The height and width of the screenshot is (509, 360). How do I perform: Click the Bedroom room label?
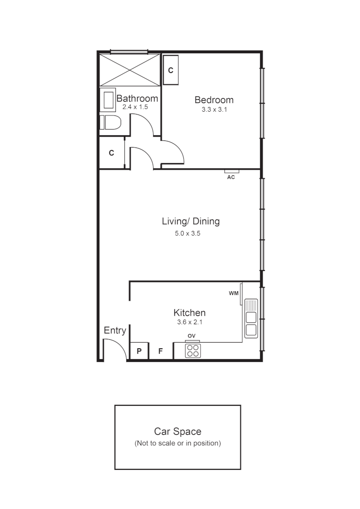(x=214, y=100)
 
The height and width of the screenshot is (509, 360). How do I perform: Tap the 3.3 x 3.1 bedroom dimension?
(x=214, y=110)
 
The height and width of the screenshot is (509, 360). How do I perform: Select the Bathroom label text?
(x=137, y=99)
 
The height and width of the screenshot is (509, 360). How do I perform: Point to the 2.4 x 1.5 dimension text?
(x=135, y=107)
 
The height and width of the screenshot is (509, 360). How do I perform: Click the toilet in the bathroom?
(x=110, y=123)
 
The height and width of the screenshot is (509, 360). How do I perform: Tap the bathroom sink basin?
(x=109, y=100)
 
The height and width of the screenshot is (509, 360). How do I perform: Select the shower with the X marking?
(x=130, y=70)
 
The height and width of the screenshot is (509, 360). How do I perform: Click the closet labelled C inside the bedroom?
(x=171, y=70)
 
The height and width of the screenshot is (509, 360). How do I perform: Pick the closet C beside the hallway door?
(x=112, y=153)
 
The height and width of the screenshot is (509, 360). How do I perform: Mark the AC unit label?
(x=231, y=178)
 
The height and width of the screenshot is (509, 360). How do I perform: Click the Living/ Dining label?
(x=190, y=222)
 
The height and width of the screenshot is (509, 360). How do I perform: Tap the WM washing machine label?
(x=233, y=293)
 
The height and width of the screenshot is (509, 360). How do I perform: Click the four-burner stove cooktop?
(x=193, y=350)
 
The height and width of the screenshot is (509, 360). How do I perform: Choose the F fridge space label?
(x=160, y=351)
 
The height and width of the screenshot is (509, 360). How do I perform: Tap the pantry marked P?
(x=139, y=351)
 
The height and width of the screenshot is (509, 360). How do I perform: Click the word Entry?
(x=115, y=330)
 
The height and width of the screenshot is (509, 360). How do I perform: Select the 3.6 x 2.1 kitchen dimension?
(x=189, y=323)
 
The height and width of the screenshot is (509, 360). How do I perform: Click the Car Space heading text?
(x=178, y=431)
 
